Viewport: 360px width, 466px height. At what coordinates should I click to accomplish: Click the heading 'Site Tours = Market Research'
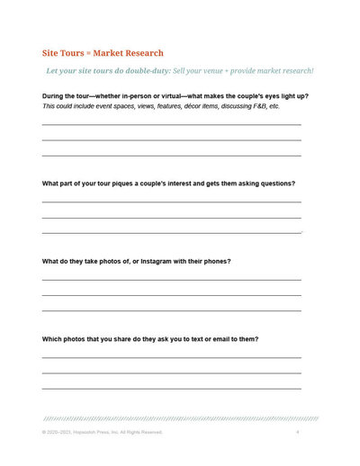[x=103, y=53]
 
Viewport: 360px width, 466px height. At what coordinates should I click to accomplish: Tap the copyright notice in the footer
[x=102, y=433]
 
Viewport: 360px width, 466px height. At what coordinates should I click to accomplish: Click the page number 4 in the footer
[x=297, y=433]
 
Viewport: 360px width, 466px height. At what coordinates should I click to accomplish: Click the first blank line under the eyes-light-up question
[x=171, y=124]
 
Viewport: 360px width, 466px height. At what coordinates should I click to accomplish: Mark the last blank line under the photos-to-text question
[x=171, y=388]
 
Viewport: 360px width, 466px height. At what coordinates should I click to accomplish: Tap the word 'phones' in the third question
[x=216, y=261]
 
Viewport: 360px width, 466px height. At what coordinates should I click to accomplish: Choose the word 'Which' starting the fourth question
[x=52, y=339]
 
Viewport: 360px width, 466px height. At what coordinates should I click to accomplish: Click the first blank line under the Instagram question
[x=171, y=280]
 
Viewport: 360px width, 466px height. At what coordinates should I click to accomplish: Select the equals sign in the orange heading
[x=84, y=53]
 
